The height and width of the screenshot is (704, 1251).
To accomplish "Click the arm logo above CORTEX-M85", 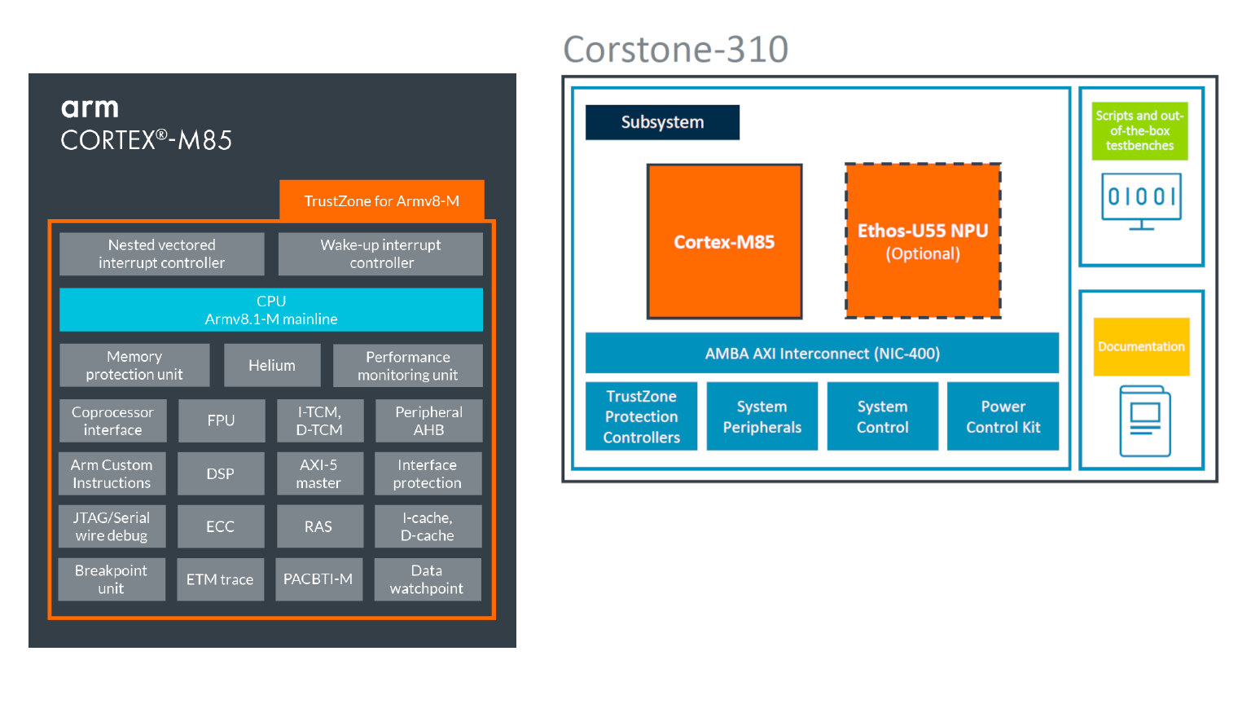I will (90, 108).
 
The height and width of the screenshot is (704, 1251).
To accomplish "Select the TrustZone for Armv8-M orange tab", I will (381, 200).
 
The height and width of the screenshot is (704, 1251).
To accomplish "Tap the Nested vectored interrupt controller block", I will (161, 254).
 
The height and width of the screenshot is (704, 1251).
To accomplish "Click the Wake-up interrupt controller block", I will (380, 254).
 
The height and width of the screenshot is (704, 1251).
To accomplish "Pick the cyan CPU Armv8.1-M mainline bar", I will (270, 310).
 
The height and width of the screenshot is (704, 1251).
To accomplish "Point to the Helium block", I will (272, 366).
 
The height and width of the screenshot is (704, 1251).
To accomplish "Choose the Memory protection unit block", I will (134, 366).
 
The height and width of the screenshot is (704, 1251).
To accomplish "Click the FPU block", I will (221, 420).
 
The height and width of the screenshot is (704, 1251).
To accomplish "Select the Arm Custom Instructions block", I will (112, 474).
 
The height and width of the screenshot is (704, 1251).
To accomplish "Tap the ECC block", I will (220, 526).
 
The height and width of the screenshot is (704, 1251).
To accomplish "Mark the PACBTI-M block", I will (318, 579).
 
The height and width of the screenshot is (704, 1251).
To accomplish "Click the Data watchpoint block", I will (427, 579).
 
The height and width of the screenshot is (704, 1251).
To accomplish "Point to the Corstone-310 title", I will (675, 50).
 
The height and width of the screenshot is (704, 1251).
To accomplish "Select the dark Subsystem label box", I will (662, 122).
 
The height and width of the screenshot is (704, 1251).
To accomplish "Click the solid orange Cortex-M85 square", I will (724, 241).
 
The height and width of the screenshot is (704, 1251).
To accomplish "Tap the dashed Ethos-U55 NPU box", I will (923, 241).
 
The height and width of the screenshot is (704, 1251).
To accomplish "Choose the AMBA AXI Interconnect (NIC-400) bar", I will (822, 354).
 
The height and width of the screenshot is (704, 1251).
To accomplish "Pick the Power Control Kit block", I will (1003, 416).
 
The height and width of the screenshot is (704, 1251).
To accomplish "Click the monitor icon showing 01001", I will (1141, 200).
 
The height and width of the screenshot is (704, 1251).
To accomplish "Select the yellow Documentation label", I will (1141, 347).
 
